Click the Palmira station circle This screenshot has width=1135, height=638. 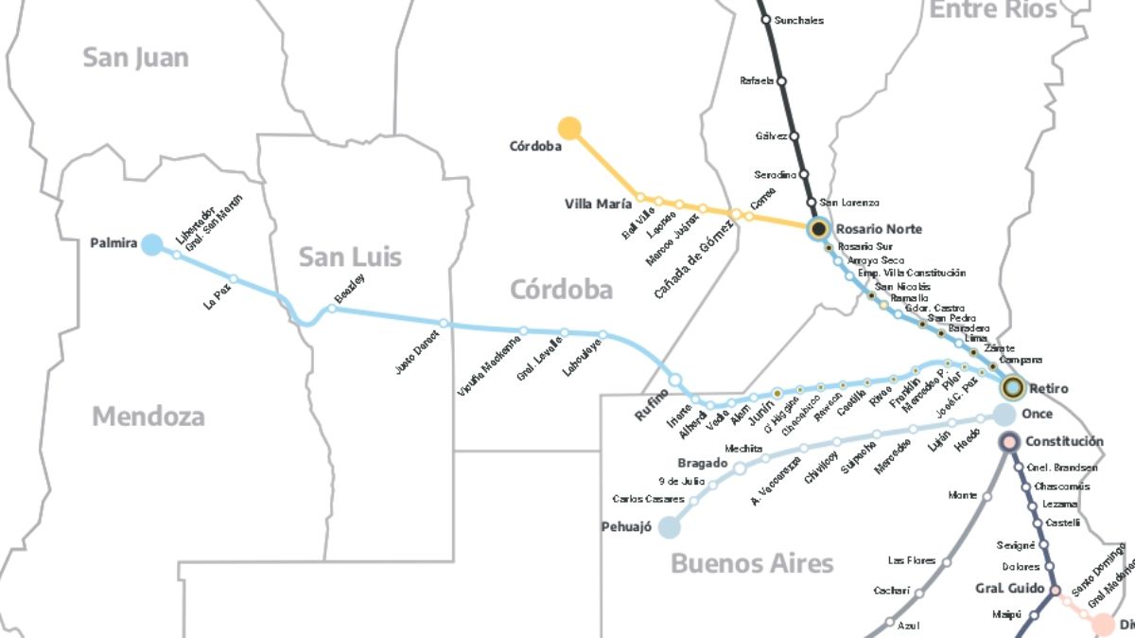151,244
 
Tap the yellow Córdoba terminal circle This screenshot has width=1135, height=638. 569,128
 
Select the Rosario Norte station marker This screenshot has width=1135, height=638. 819,228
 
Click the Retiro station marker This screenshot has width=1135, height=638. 1013,387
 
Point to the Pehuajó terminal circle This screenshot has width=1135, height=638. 670,527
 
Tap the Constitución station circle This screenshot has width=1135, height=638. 1008,441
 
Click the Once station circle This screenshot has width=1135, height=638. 1004,415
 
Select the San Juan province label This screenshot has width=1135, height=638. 135,57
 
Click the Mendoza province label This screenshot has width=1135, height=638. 148,416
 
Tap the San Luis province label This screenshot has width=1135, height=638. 350,257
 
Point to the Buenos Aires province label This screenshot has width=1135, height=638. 752,564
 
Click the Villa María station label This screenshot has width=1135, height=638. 598,204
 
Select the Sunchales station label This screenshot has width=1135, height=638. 798,20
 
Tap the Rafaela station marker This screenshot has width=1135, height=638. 781,81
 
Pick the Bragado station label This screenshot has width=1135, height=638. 702,463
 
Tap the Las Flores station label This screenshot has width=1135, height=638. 912,560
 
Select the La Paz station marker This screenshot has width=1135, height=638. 234,278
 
